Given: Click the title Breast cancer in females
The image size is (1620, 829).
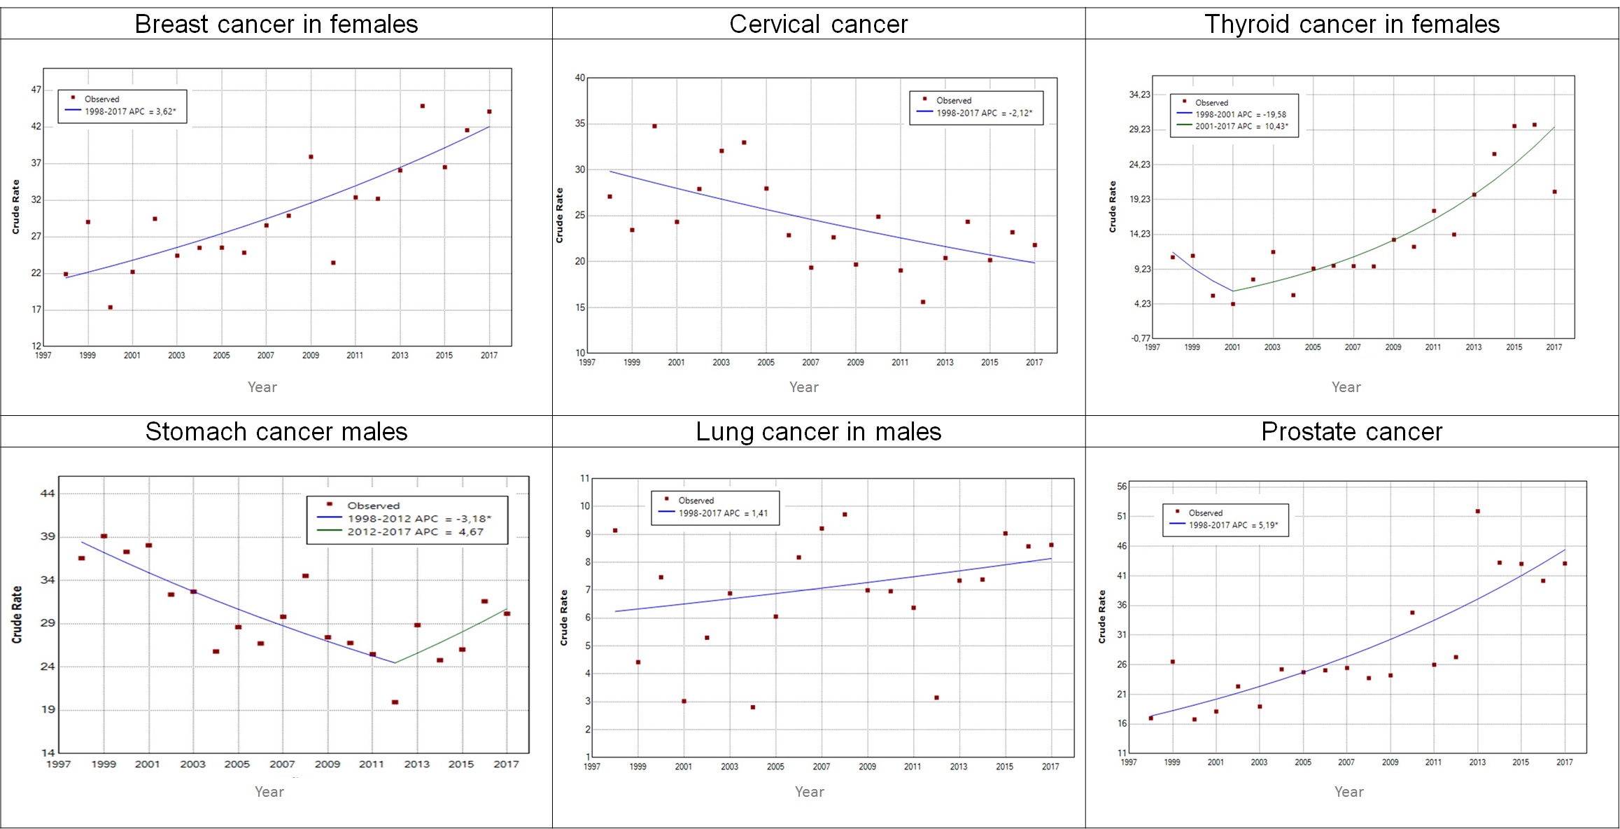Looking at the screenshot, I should tap(276, 25).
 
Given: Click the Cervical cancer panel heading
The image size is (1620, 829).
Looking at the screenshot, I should tap(818, 25).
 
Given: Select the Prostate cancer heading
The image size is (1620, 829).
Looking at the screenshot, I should tap(1351, 432).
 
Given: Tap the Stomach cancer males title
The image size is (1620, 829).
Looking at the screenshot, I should tap(276, 432).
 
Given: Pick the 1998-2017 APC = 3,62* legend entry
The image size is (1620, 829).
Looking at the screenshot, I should tap(130, 111).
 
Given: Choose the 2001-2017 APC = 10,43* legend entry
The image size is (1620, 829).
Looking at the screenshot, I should tap(1241, 127).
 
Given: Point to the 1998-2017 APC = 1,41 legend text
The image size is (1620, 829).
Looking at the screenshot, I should tap(723, 513).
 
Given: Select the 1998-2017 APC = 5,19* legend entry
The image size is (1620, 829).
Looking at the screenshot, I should tap(1233, 525).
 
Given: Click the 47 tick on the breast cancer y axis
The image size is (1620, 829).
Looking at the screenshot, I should tap(36, 90).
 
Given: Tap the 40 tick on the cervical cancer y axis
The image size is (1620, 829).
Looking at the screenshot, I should tap(579, 78).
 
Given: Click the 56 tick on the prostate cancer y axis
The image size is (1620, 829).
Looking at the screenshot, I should tap(1122, 487).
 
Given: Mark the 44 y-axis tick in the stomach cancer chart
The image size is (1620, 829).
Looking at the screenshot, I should tap(48, 494).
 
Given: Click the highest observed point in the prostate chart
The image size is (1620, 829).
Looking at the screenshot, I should tap(1477, 512).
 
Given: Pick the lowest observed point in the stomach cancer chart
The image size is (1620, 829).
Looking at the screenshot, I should tap(395, 702).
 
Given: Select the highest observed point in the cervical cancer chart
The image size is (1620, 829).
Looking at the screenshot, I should tap(654, 126).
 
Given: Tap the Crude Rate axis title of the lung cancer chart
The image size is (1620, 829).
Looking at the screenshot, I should tap(564, 618).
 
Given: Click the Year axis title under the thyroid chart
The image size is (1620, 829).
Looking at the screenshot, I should tap(1346, 387).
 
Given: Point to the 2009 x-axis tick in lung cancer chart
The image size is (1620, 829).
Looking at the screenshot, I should tap(867, 767).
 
